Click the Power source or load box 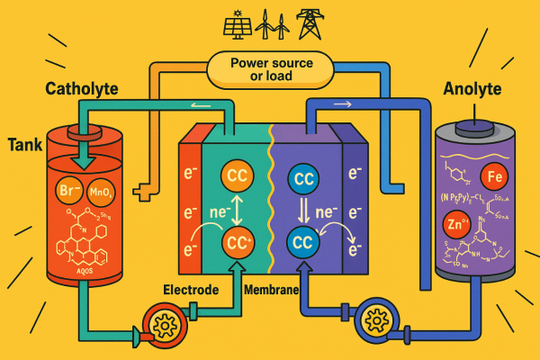point(269,67)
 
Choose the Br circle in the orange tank point(70,192)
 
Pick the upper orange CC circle point(238,176)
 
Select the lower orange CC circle point(238,242)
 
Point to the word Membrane point(272,290)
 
